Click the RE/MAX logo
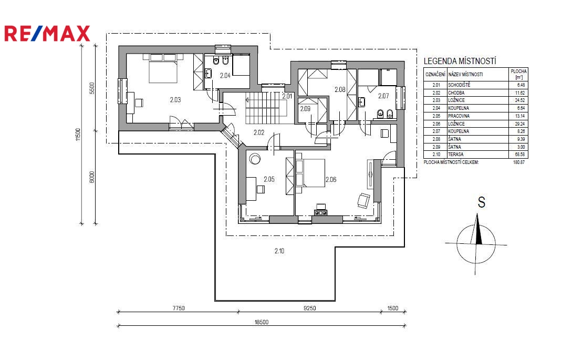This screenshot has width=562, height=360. point(47,33)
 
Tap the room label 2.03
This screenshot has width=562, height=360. point(175,100)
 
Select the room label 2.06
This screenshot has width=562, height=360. point(331,179)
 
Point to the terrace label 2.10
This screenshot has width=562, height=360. point(279,251)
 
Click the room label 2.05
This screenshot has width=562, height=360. point(269,179)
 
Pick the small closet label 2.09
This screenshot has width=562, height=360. point(305,109)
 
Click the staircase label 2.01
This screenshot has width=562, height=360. point(287,96)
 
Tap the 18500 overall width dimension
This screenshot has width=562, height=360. point(262,322)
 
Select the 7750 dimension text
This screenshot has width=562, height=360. point(178,308)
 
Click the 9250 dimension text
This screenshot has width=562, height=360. point(310,308)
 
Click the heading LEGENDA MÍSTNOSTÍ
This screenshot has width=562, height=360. point(460,61)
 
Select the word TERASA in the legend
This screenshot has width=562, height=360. point(455,155)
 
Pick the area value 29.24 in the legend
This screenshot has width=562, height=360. point(519,124)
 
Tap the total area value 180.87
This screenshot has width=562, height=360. point(518,162)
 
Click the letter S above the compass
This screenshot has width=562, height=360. point(481,202)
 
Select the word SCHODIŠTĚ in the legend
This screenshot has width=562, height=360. point(459,85)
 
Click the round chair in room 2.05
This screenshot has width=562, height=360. point(255,159)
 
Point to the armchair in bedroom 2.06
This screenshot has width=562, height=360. point(364,200)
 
